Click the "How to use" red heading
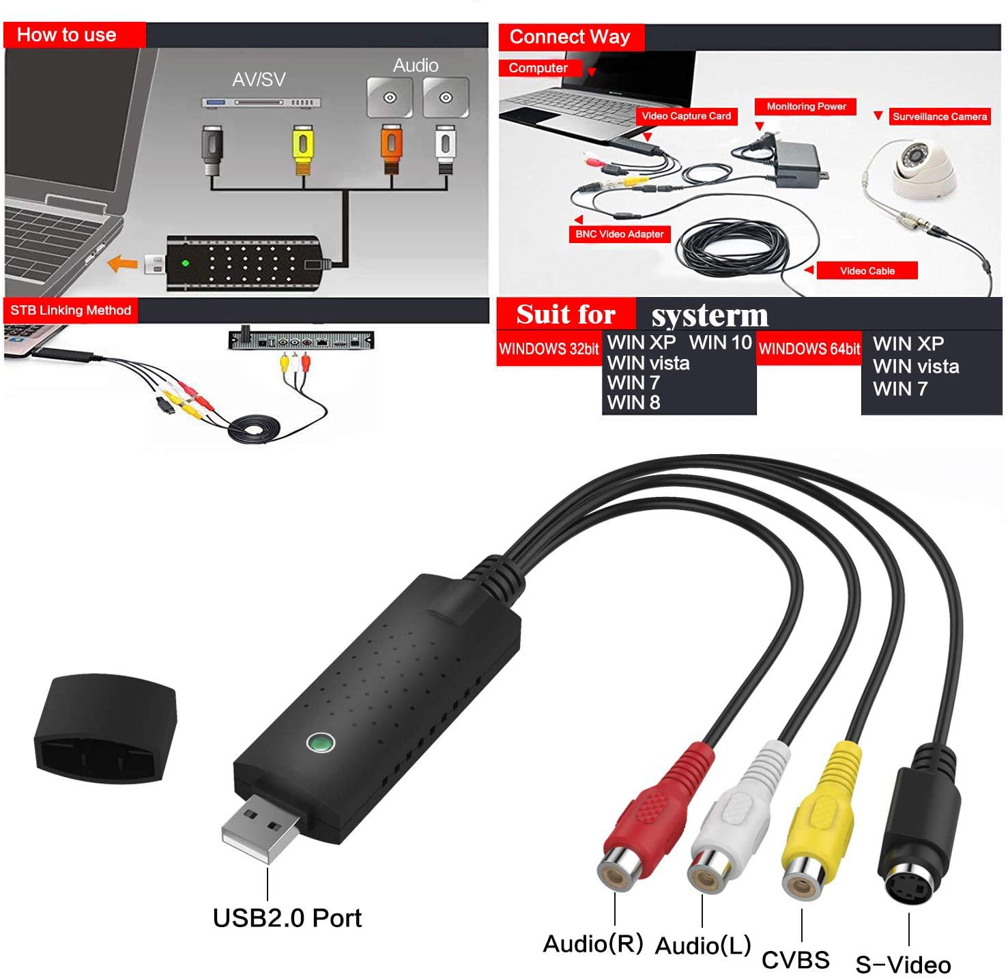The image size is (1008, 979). [x=67, y=35]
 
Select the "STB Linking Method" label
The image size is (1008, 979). [x=70, y=311]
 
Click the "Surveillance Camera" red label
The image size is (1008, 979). [x=939, y=117]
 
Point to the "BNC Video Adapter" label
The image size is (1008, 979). [x=619, y=234]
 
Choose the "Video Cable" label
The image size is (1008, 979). [x=867, y=271]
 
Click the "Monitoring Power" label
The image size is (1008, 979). [x=806, y=107]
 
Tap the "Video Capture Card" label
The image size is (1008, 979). [x=686, y=116]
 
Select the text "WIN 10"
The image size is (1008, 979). [x=720, y=342]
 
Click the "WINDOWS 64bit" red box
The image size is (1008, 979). [x=809, y=349]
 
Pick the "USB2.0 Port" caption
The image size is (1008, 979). [x=287, y=918]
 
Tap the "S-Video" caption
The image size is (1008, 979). [x=903, y=965]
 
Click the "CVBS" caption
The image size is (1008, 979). [x=795, y=960]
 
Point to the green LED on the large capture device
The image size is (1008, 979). [x=320, y=742]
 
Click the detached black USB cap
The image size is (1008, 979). [x=106, y=727]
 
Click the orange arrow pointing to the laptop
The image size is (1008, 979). [x=124, y=263]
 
